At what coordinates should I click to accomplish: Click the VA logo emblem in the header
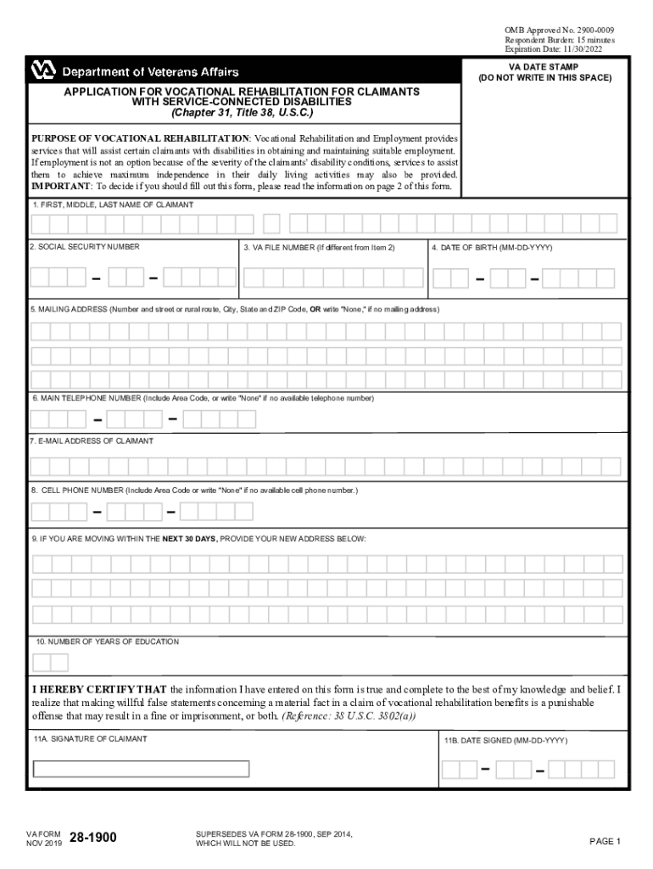43,71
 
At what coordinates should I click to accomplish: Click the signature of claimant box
141,769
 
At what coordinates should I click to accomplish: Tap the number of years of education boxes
51,663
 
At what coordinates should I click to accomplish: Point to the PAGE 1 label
606,842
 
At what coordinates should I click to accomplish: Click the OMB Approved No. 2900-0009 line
560,31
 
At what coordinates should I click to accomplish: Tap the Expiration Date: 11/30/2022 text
560,49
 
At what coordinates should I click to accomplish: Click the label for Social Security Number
85,247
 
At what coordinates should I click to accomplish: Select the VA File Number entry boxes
332,278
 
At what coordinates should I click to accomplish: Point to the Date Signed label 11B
505,741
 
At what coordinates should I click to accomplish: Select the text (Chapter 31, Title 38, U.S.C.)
242,112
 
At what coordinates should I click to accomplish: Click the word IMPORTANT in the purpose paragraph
61,186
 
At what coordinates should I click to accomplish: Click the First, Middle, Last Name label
113,205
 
